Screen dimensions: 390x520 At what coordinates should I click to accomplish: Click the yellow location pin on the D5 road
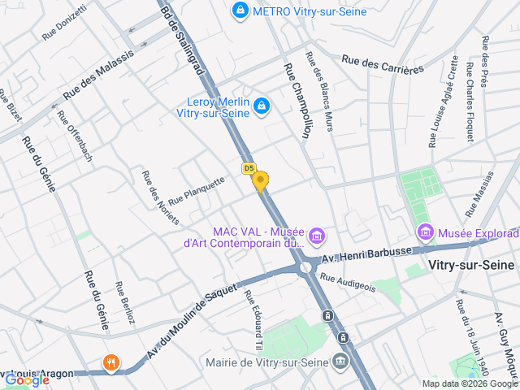coord(260,180)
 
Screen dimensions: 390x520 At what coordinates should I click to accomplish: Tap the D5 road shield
coord(249,168)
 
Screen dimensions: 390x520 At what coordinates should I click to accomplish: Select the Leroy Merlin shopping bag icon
coord(262,106)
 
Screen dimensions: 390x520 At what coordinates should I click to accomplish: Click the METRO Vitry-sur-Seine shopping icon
coord(240,11)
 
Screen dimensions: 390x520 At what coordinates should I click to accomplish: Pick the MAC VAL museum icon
coord(317,236)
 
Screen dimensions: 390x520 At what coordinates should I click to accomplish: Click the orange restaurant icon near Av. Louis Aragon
coord(111,362)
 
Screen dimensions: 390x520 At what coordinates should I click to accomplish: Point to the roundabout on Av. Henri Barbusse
coord(305,266)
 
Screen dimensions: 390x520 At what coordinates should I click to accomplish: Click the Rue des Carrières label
coord(383,64)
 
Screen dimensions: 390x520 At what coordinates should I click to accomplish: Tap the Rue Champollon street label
coord(295,101)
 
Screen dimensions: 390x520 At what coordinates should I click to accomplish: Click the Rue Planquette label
coord(196,192)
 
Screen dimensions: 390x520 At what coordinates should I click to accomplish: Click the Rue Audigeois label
coord(348,282)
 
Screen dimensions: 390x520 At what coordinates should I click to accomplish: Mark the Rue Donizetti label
coord(63,23)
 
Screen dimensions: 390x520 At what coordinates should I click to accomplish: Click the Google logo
coord(27,379)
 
